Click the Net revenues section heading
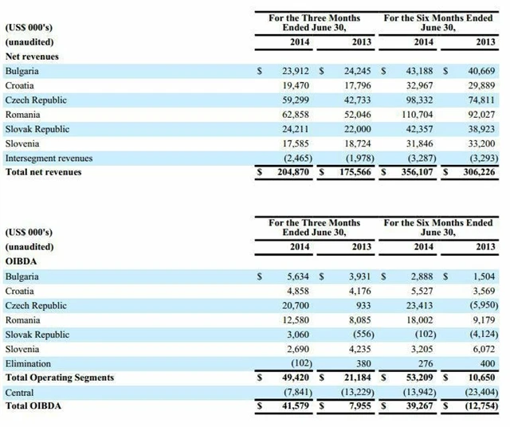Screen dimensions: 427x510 coord(32,57)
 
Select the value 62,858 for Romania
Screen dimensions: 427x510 coord(292,115)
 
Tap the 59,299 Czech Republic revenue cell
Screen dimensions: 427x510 coord(292,100)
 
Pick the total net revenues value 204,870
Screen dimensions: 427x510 coord(288,172)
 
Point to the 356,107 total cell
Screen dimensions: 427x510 coord(411,172)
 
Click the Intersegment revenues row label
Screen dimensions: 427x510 coord(49,158)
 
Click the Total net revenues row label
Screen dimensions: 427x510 coord(43,172)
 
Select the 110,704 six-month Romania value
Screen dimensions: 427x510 coord(412,115)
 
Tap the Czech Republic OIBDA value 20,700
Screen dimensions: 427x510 coord(294,305)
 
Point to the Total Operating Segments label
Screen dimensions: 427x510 coord(60,377)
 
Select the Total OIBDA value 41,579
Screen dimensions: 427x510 coord(292,406)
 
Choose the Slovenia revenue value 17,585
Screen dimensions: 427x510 coord(292,143)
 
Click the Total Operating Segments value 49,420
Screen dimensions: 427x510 coord(292,377)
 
